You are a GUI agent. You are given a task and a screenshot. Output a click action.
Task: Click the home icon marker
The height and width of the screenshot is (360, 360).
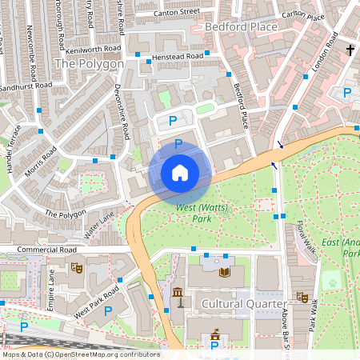179,172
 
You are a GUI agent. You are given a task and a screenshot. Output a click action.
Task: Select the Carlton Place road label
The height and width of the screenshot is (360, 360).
302,16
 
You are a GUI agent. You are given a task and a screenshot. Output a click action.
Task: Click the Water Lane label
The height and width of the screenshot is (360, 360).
99,226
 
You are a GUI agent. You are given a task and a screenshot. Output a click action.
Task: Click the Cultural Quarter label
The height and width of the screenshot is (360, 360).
243,304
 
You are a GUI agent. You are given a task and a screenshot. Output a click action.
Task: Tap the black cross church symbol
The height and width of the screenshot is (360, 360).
350,50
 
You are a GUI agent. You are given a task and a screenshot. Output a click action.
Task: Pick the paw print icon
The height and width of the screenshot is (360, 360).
330,282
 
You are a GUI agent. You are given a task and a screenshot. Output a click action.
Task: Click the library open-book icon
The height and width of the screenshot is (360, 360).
223,272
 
